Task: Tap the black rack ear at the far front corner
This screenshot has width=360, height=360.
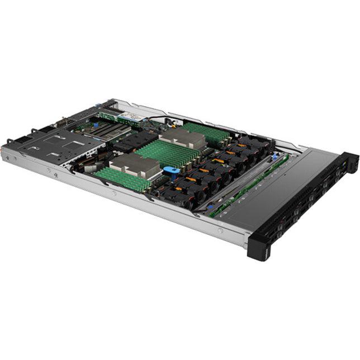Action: pyautogui.click(x=349, y=162)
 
